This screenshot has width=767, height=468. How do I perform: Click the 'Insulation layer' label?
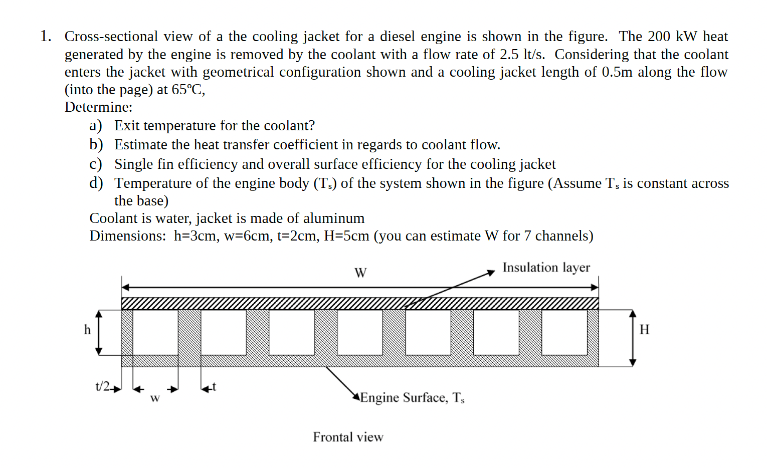pos(546,268)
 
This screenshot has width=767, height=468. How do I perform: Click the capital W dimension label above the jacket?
pos(360,273)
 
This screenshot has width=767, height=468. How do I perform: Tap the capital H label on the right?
pos(644,329)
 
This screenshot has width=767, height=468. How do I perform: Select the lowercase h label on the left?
pos(87,330)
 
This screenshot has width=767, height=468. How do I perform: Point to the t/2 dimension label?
pos(103,386)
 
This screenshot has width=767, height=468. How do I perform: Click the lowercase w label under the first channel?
pos(155,398)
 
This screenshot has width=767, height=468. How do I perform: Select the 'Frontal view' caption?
pos(348,437)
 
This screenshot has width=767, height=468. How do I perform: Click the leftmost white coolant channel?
pos(155,332)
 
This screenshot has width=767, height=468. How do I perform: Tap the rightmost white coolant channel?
pos(564,332)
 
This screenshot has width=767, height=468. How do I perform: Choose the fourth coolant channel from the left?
pos(360,332)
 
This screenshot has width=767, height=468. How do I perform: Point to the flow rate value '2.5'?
pos(509,54)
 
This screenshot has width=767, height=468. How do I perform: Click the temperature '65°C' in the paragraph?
pos(187,90)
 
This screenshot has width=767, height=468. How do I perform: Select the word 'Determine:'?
pos(99,107)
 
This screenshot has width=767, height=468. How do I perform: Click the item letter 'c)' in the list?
pos(96,164)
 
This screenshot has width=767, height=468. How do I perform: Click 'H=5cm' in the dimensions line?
pos(346,236)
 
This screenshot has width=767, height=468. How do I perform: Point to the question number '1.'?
pos(46,37)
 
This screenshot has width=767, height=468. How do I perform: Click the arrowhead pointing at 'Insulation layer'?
pos(491,274)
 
